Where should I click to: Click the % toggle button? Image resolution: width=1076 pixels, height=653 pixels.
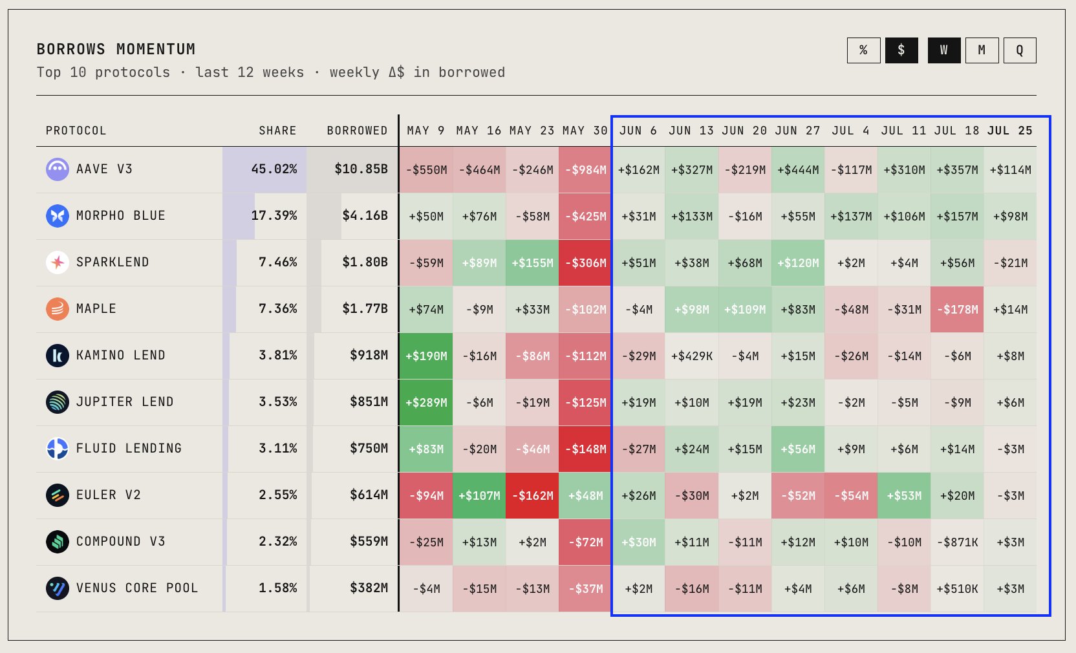pos(863,50)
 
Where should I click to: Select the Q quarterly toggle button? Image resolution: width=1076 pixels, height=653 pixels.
pos(1020,50)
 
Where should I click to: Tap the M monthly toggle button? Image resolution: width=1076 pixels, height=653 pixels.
pos(982,50)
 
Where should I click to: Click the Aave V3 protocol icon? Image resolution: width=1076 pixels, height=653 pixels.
pos(57,169)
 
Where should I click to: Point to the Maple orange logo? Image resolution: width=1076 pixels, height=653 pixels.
pos(57,309)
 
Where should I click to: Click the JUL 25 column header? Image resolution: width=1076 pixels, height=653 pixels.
pos(1009,131)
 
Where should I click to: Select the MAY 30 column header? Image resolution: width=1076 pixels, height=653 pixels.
pos(585,131)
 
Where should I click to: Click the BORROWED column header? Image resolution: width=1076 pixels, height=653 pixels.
pos(357,131)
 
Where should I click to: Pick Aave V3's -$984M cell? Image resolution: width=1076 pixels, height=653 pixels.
pos(585,170)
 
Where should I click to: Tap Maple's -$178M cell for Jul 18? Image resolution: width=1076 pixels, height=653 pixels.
pos(957,310)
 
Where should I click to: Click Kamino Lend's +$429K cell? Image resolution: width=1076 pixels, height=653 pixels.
pos(692,356)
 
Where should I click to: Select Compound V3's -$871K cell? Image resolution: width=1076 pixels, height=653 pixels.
pos(957,542)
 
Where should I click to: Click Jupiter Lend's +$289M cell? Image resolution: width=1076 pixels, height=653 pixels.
pos(426,403)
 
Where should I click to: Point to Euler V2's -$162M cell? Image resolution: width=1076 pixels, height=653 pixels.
pos(532,496)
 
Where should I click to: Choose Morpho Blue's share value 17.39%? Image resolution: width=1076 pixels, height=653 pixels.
pos(274,215)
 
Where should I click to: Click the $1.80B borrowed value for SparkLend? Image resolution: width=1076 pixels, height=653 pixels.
pos(365,262)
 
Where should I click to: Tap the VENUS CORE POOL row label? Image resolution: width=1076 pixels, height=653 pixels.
pos(137,588)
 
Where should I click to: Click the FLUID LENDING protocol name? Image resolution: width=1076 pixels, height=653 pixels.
pos(129,449)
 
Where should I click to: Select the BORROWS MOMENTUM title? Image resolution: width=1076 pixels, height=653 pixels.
pos(116,49)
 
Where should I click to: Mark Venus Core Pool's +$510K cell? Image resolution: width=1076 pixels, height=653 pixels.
pos(957,589)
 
